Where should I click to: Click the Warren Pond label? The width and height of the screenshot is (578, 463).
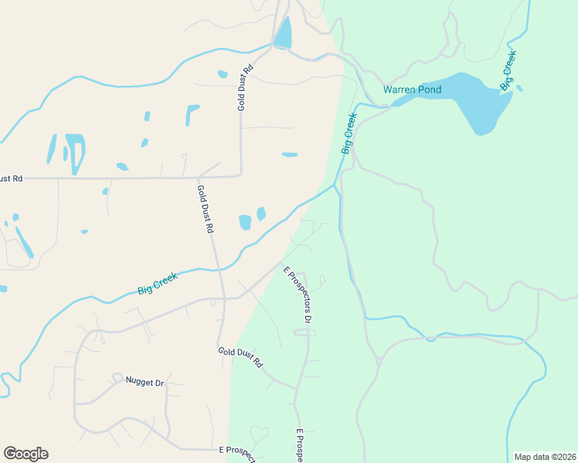(x=413, y=90)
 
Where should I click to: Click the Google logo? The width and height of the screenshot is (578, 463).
(x=25, y=453)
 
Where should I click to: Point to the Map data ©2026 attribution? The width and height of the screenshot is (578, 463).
(x=545, y=457)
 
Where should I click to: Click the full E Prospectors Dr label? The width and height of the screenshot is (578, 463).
(x=297, y=295)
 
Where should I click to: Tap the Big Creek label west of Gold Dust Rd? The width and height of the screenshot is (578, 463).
(x=158, y=283)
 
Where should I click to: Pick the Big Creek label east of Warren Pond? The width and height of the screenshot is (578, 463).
(x=508, y=70)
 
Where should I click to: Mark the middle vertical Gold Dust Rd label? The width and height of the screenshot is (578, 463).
(x=205, y=209)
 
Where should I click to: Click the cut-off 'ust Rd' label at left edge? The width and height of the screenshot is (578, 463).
(x=11, y=178)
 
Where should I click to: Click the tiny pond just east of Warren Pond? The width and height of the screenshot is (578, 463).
(x=519, y=88)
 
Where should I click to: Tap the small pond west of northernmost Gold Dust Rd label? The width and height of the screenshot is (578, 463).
(x=223, y=74)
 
